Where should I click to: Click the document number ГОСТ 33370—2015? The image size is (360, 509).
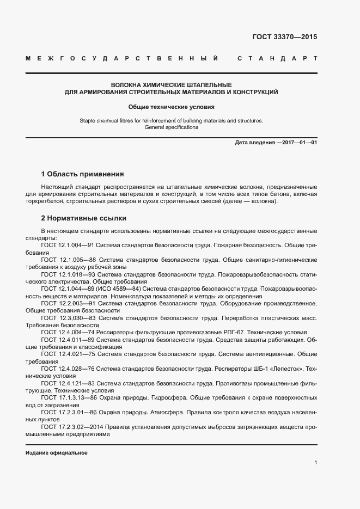click(284, 38)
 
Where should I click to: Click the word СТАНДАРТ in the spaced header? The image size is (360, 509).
click(278, 58)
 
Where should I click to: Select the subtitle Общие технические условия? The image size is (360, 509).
click(172, 107)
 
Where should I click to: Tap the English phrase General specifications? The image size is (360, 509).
click(172, 127)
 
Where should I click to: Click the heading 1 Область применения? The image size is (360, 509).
click(83, 174)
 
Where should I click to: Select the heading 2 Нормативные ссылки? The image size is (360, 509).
click(84, 218)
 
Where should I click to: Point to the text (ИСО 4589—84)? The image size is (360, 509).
click(124, 289)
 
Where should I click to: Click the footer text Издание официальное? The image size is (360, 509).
click(57, 453)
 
